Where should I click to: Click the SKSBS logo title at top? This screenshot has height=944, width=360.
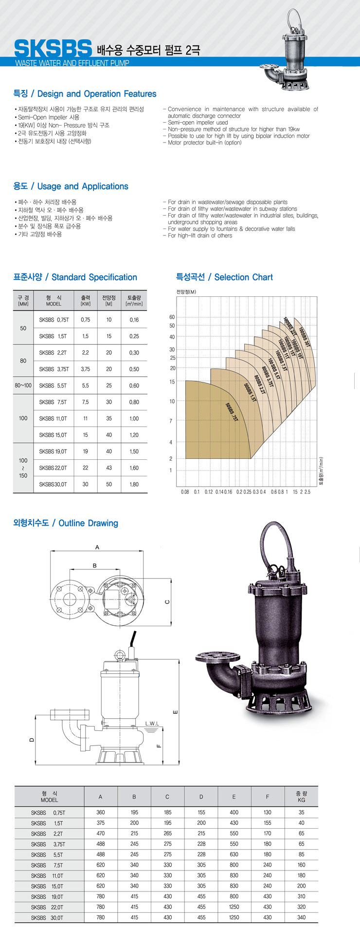point(53,48)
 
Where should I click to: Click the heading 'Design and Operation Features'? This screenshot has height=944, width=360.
point(97,94)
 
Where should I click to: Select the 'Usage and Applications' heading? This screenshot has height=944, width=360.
point(83,186)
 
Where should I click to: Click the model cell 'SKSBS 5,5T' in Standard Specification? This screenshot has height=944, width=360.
point(54,385)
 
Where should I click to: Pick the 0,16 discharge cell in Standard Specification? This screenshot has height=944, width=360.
point(134,320)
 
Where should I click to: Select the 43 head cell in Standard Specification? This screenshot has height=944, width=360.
point(109,468)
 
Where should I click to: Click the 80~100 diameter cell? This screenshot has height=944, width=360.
point(23,385)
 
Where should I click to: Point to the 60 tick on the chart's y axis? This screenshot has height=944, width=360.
point(172,317)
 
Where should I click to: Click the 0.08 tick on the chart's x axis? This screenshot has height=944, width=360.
point(185,492)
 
